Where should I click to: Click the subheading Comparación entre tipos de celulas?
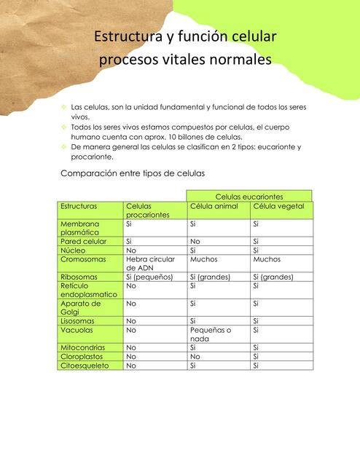[x=133, y=173]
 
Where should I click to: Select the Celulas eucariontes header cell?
[x=249, y=197]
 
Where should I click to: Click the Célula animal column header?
[x=214, y=207]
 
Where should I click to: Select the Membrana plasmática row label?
[x=82, y=228]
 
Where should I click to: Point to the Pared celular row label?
[x=84, y=241]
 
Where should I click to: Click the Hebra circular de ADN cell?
[x=150, y=263]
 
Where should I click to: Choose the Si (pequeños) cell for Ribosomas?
[x=149, y=277]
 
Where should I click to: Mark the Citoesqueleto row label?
[x=85, y=366]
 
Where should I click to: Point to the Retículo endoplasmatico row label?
[x=89, y=290]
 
